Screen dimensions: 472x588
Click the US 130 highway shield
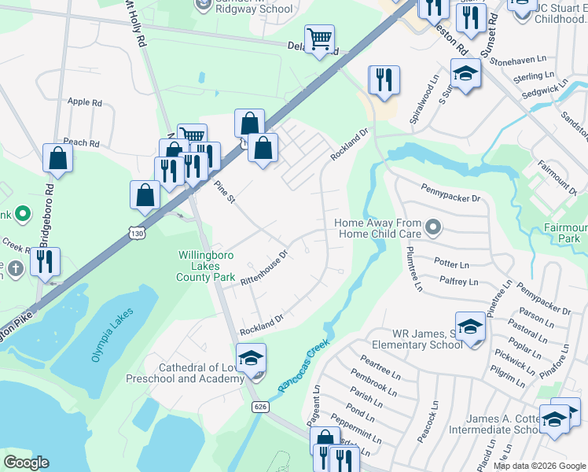tap(138, 234)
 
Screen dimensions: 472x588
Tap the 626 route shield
tap(259, 406)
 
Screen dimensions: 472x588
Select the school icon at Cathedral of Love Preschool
tap(252, 358)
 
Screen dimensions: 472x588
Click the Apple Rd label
tap(85, 102)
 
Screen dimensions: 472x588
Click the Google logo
tap(28, 463)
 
